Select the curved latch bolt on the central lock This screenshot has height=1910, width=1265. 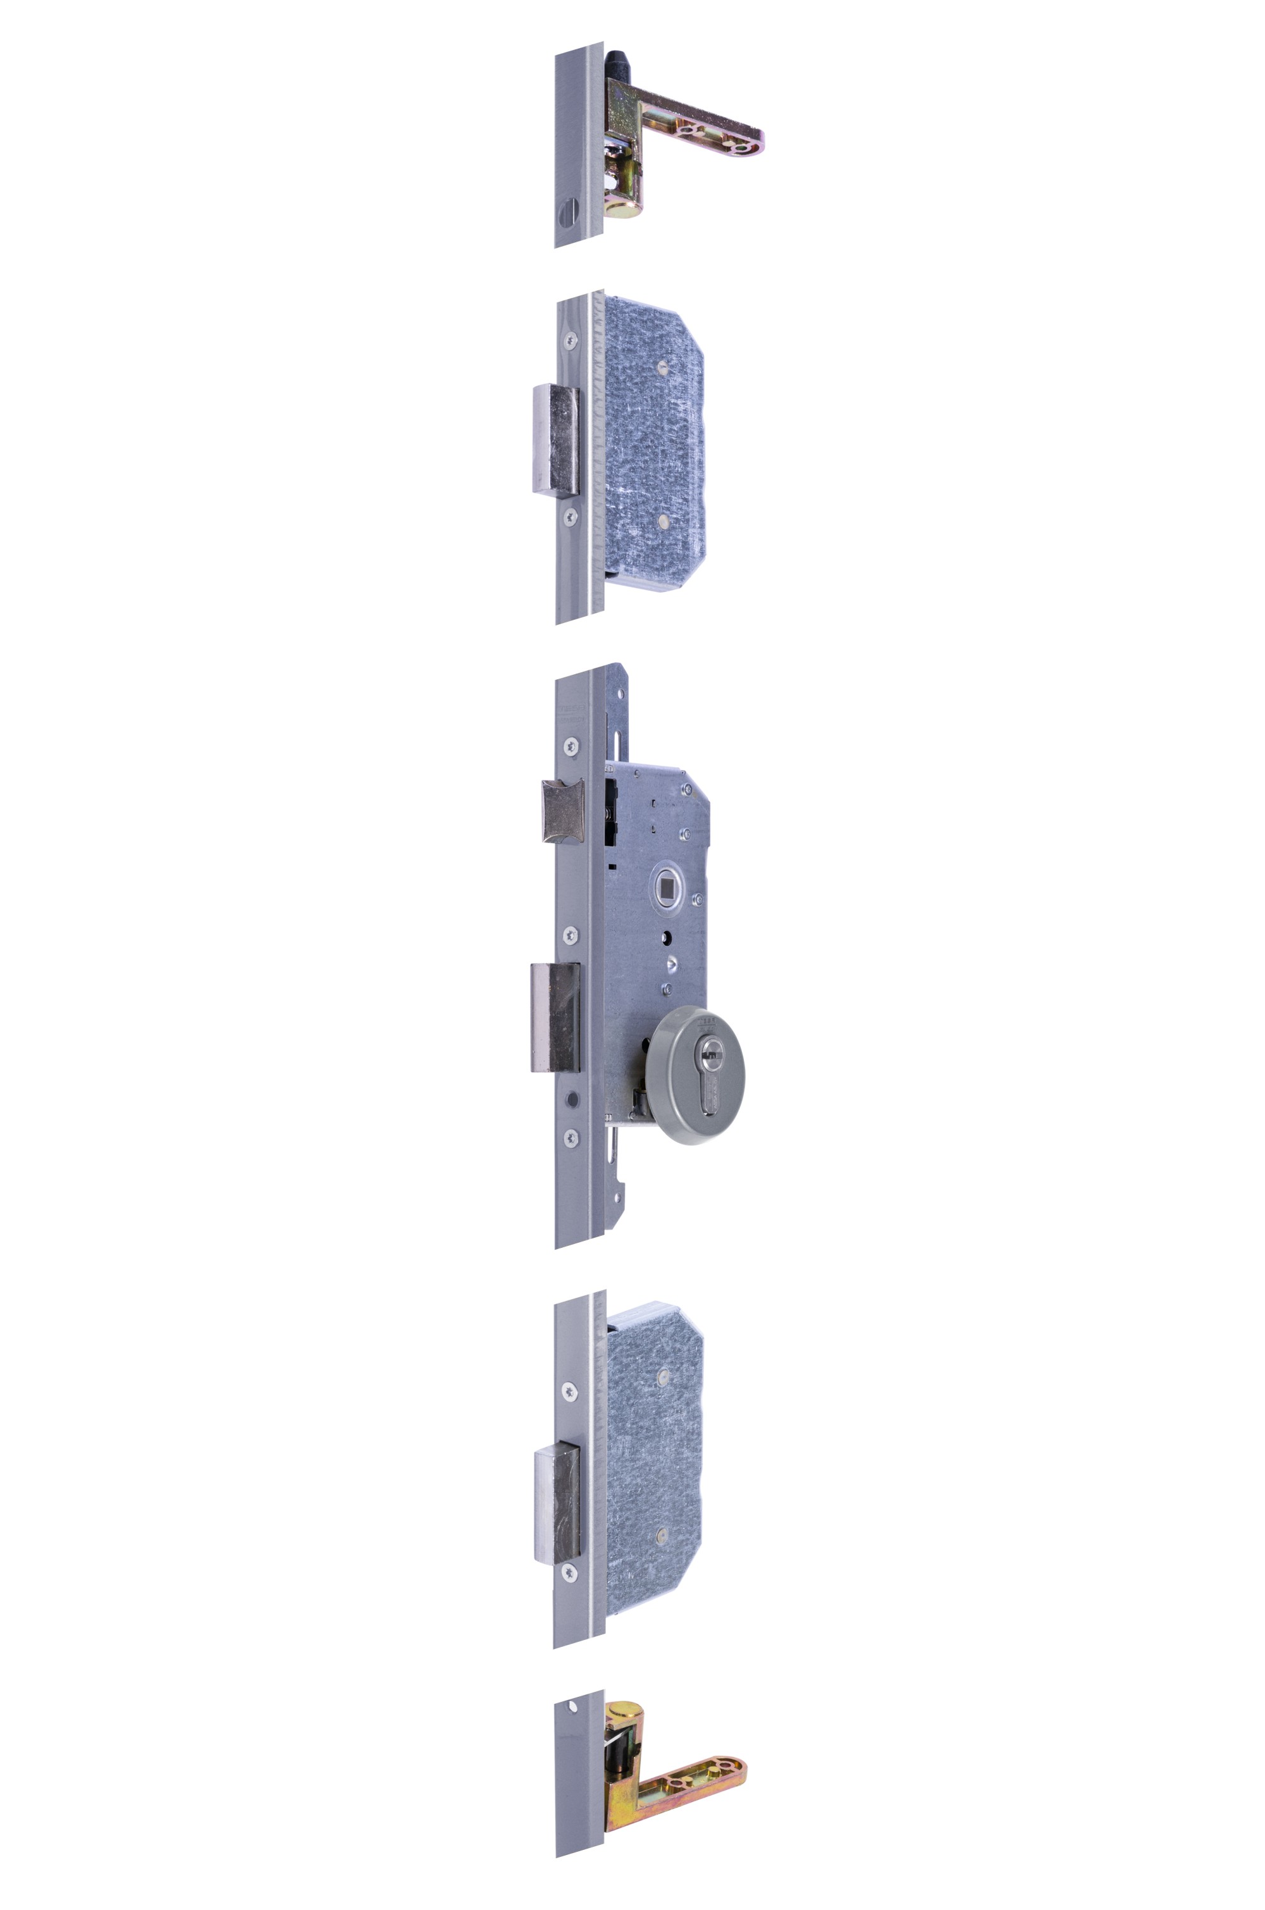(562, 811)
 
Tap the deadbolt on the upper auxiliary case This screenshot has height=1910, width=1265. (555, 440)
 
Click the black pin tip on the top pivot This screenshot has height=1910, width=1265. (618, 61)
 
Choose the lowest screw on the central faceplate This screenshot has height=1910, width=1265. (571, 1138)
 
